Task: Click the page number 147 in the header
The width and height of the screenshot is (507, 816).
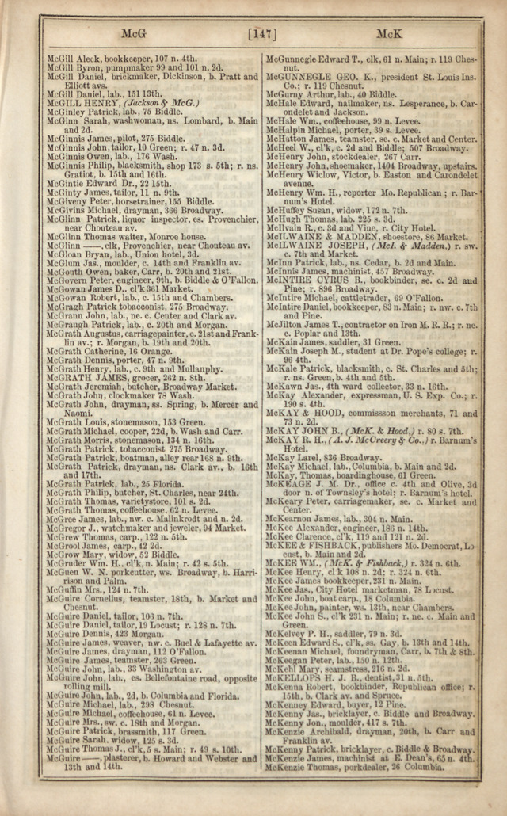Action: coord(261,34)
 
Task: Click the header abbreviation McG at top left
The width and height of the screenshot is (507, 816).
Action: coord(131,34)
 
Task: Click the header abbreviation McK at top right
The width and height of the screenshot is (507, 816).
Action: coord(389,34)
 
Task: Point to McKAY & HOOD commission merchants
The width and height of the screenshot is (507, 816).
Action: coord(372,415)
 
